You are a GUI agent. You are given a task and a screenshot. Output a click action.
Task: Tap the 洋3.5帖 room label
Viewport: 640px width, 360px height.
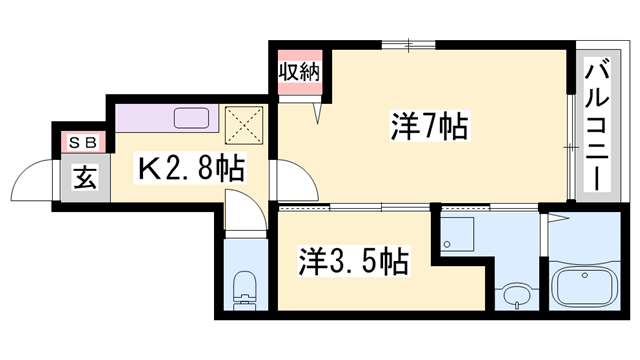pyautogui.click(x=353, y=263)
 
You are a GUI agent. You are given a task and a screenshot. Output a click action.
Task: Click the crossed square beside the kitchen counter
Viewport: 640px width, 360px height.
pyautogui.click(x=244, y=123)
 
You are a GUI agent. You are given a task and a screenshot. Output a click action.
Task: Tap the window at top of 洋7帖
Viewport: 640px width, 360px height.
pyautogui.click(x=408, y=43)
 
